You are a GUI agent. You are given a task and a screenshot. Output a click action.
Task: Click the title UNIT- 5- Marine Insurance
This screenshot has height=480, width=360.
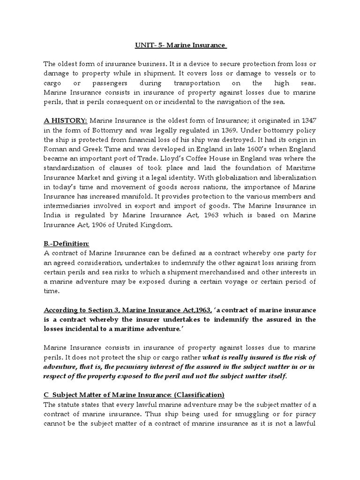tap(180, 45)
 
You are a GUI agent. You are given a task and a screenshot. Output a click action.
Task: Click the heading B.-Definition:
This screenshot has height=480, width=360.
tap(66, 244)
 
